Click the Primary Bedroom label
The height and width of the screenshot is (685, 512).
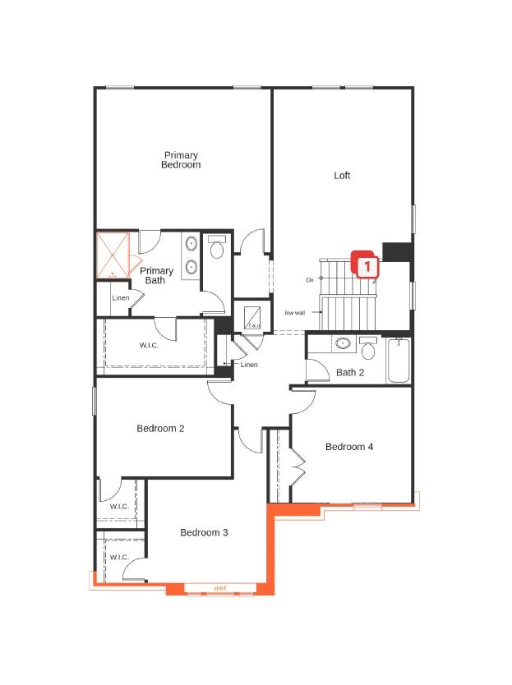coord(181,160)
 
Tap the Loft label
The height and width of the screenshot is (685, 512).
coord(342,176)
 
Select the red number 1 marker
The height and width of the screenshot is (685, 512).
coord(366,265)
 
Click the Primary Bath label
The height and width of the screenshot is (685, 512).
coord(156,276)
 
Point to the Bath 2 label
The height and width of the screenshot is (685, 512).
coord(350,373)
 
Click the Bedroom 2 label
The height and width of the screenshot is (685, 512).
coord(160,429)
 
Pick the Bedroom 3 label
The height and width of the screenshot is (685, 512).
coord(204,533)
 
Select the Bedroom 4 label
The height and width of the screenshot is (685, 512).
coord(349,447)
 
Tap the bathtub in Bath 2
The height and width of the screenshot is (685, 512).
coord(399,361)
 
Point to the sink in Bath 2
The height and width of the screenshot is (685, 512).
coord(343,344)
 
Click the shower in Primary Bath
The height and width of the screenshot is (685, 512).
coord(113,255)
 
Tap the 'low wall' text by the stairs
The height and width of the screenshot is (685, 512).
coord(295,313)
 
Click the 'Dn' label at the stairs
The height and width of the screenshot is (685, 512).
coord(310,280)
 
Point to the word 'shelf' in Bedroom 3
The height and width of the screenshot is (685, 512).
coord(219,588)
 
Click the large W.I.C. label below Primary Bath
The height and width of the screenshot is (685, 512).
coord(149,345)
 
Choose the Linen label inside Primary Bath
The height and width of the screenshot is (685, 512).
coord(120,298)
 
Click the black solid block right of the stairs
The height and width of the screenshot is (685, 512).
coord(397,251)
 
